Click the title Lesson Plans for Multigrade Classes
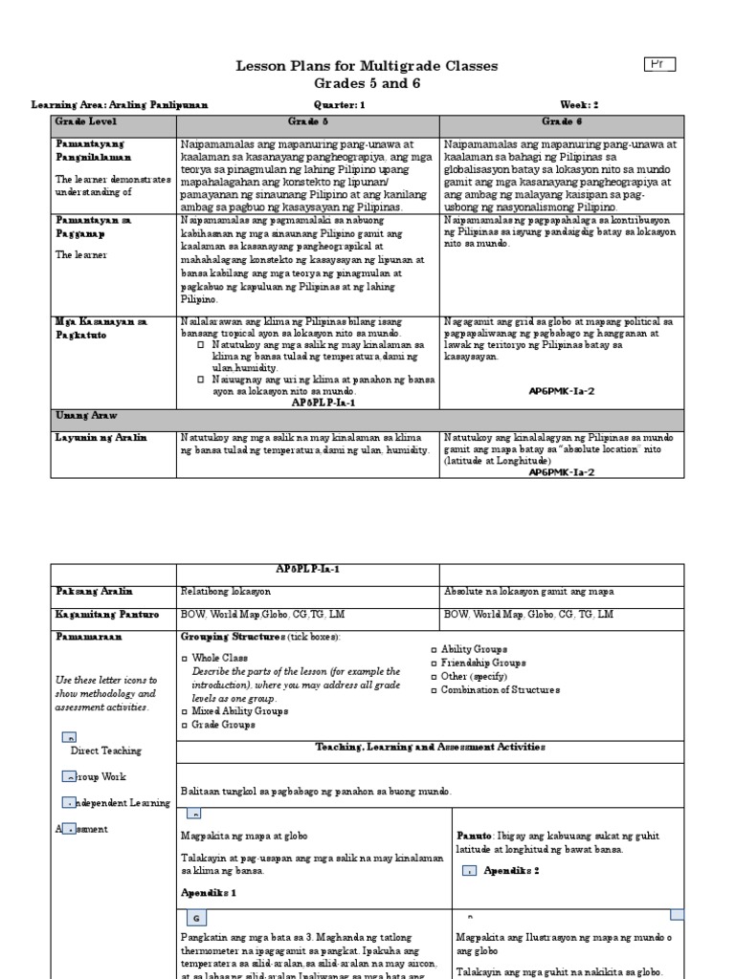[x=367, y=65]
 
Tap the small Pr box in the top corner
[x=659, y=64]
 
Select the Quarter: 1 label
[x=339, y=104]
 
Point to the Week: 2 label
[x=579, y=104]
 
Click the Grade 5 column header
[x=308, y=122]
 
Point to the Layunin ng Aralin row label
[x=100, y=437]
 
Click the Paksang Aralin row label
[x=94, y=592]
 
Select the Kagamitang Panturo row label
[x=106, y=614]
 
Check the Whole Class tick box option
[x=186, y=659]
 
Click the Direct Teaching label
[x=105, y=751]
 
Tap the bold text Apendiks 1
[x=208, y=892]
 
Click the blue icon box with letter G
[x=195, y=918]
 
